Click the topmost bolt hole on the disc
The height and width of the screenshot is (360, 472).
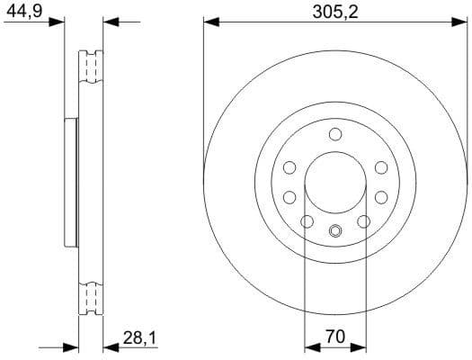(335, 135)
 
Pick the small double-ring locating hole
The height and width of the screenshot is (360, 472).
(335, 229)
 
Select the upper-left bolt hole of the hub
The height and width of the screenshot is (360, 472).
(289, 167)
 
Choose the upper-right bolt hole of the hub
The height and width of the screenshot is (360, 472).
(381, 167)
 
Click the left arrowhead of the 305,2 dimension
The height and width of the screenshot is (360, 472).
(209, 21)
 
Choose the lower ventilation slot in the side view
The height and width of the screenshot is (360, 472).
(90, 297)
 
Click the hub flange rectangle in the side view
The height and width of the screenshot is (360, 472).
(70, 183)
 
